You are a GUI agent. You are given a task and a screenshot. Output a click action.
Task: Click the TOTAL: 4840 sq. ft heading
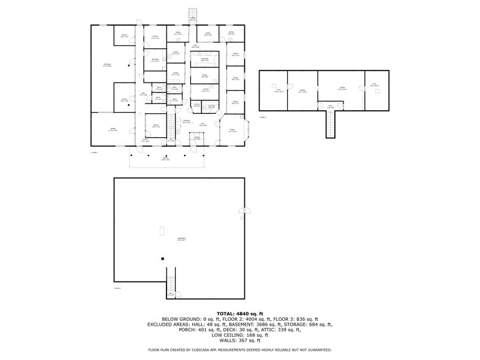point(239,313)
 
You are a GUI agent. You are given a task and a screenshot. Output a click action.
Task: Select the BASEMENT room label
point(181,239)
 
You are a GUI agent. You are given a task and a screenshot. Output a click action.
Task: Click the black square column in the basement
point(162,259)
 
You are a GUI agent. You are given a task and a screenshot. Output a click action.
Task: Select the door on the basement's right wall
point(242,214)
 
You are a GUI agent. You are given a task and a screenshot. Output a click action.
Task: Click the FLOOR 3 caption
point(263,116)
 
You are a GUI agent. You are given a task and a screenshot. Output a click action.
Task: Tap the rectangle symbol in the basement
point(162,230)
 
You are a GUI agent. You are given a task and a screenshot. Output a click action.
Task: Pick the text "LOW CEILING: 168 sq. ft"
point(239,335)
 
